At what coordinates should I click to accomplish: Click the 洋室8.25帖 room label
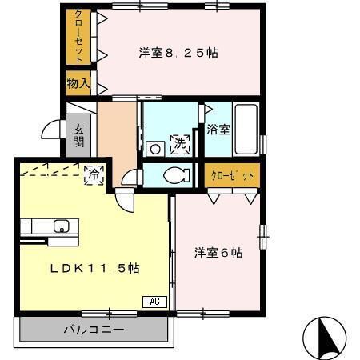(x=178, y=54)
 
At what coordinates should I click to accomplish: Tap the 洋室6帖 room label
(x=218, y=253)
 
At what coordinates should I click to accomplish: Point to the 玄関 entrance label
(x=78, y=135)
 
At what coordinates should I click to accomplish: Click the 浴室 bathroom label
(x=218, y=129)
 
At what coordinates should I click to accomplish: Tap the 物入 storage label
(x=78, y=82)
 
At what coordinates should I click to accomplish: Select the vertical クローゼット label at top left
(x=78, y=37)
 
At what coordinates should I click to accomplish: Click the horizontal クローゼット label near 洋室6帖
(x=232, y=175)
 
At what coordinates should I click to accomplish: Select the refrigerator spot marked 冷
(x=94, y=173)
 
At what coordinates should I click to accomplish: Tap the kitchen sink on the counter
(x=60, y=226)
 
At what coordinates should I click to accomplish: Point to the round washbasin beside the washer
(x=154, y=148)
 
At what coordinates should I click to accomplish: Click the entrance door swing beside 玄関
(x=53, y=130)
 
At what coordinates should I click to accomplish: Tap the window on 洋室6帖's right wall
(x=262, y=237)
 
